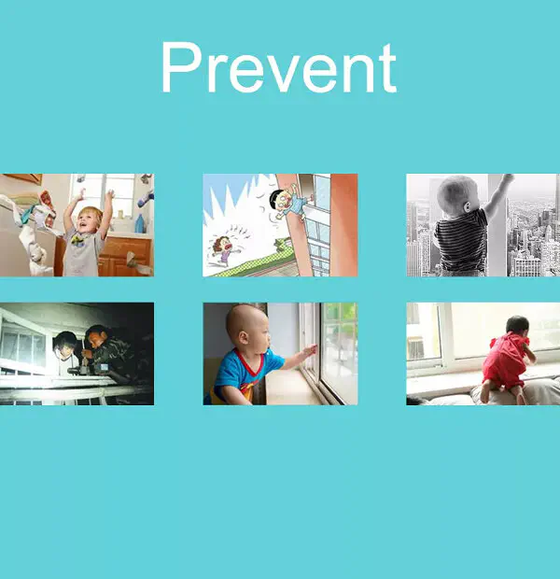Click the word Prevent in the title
point(279,67)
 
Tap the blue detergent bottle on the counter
point(140,223)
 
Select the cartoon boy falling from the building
point(291,203)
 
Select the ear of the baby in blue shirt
point(244,337)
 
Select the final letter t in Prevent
point(387,69)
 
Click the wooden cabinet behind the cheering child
point(125,256)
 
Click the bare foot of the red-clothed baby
point(520,399)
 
